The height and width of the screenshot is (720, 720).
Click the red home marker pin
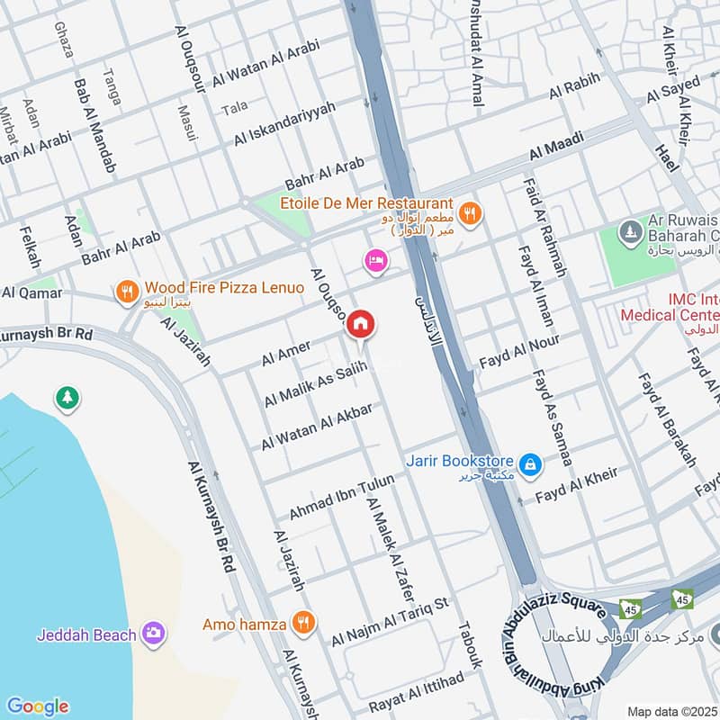(361, 323)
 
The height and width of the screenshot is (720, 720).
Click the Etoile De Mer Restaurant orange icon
(469, 213)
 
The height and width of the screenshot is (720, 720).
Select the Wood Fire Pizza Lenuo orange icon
(127, 291)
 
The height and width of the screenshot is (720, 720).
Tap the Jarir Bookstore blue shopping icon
(532, 463)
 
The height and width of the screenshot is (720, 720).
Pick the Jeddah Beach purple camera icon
(155, 634)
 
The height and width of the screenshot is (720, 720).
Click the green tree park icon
(66, 397)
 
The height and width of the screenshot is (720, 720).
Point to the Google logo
(37, 706)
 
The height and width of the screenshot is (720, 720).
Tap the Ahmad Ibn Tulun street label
(341, 497)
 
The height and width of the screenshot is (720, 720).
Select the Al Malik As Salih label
(316, 384)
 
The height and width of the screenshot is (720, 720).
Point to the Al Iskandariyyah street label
(284, 124)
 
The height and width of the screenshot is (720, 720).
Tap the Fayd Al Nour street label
(519, 352)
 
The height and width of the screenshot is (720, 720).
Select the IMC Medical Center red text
(670, 306)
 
